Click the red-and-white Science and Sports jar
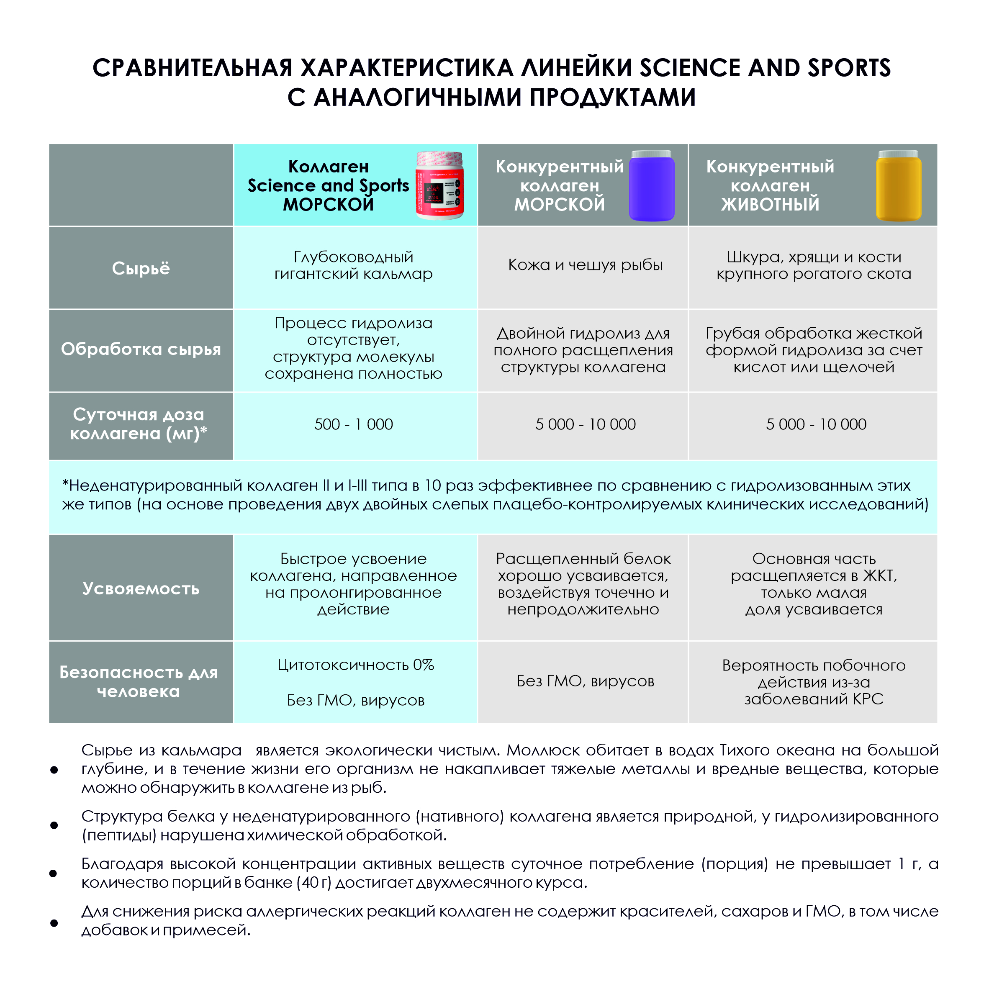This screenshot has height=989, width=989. tap(439, 185)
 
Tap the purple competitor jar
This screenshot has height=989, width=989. tap(651, 186)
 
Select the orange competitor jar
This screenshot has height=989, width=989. tap(899, 186)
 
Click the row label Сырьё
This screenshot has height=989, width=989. tap(141, 268)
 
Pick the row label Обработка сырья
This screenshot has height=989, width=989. tap(141, 349)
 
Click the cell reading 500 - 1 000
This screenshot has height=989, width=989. tap(354, 424)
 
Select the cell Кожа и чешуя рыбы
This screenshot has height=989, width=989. tap(585, 265)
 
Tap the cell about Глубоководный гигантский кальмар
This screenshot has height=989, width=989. tap(354, 265)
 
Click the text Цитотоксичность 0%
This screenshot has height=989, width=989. tap(356, 665)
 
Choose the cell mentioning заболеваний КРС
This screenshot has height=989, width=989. tap(813, 682)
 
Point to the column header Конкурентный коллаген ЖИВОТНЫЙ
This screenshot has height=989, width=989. tap(770, 185)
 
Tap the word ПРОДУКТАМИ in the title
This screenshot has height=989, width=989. tap(613, 97)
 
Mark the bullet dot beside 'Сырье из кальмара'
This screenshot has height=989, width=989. tap(54, 769)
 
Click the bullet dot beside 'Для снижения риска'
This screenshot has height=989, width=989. tap(54, 923)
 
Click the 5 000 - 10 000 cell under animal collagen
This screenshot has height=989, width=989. tap(816, 424)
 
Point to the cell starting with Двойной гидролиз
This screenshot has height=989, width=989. tap(583, 350)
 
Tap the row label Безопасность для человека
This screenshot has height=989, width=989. tap(139, 682)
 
